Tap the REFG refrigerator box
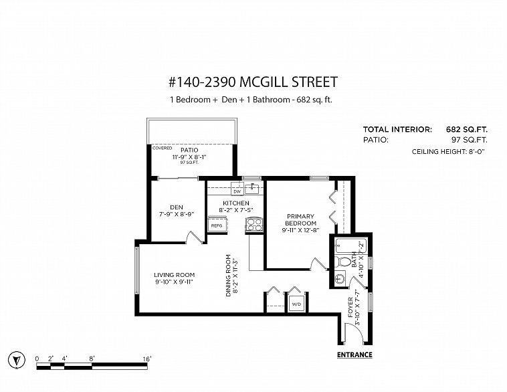(x=217, y=225)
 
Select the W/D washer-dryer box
(x=296, y=304)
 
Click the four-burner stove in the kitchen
(x=254, y=225)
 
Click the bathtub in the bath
(x=351, y=246)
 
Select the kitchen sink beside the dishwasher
(x=252, y=188)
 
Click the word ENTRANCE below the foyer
(x=354, y=355)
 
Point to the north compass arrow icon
(x=17, y=360)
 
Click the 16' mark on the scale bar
(x=146, y=359)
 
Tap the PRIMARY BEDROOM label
(x=300, y=219)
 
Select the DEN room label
(x=177, y=207)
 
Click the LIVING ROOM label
(x=175, y=275)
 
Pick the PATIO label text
(x=189, y=150)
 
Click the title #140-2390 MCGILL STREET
(x=254, y=82)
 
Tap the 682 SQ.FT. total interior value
(x=467, y=129)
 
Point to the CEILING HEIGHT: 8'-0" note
(x=448, y=151)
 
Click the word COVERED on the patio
(x=162, y=148)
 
